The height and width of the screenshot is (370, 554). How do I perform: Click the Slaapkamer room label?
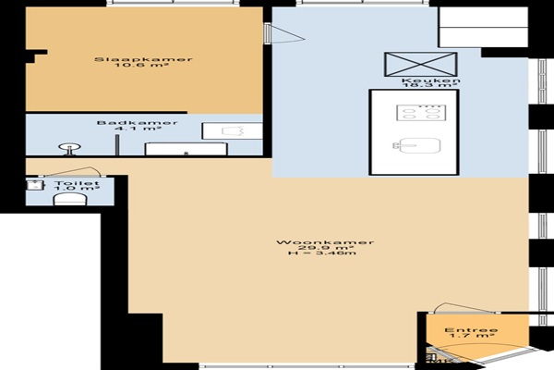[x=143, y=59]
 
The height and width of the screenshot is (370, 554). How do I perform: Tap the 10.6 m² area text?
[x=143, y=65]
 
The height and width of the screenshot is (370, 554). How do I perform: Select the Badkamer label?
[x=137, y=123]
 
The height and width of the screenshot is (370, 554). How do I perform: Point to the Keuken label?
[x=431, y=80]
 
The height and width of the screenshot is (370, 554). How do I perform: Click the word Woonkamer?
[x=325, y=242]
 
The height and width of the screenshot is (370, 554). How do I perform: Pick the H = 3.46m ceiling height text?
[x=322, y=253]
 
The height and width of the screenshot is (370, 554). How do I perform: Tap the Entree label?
[x=471, y=330]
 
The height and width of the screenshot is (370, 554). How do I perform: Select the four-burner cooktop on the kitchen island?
[x=421, y=113]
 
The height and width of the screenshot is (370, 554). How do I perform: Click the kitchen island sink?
[x=417, y=145]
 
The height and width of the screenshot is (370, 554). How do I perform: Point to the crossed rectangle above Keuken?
[x=421, y=64]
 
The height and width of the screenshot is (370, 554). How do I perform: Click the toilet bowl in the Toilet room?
[x=69, y=200]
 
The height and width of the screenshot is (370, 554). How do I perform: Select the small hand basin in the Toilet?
[x=35, y=185]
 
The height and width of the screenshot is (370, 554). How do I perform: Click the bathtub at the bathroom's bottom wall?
[x=187, y=149]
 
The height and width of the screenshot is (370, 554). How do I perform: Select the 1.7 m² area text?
[x=471, y=336]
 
